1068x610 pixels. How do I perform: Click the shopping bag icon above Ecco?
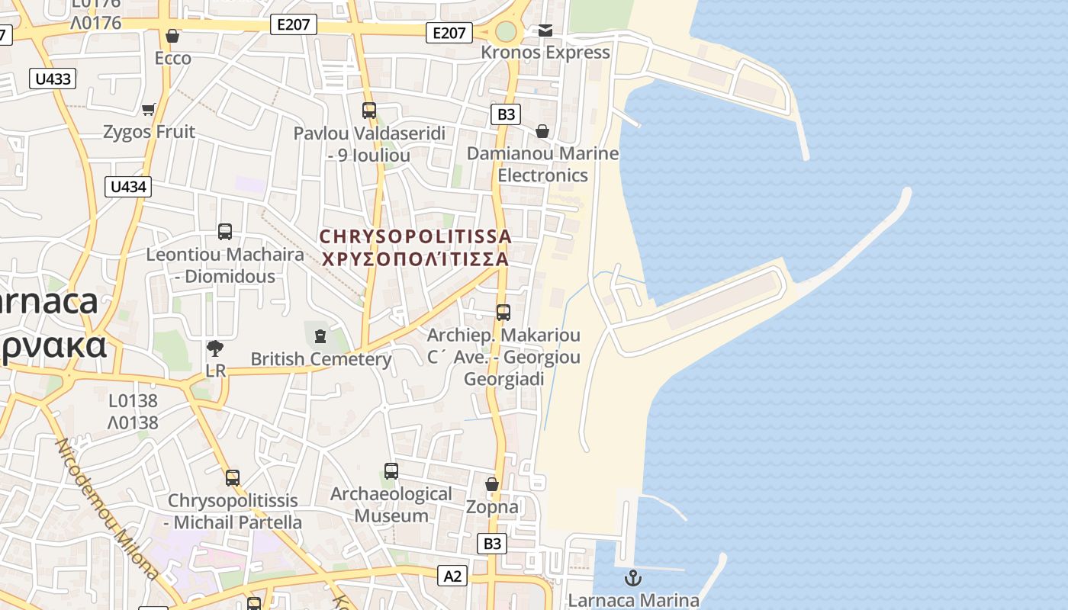click(172, 36)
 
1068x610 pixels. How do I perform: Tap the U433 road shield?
click(53, 79)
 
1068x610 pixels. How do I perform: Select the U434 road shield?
click(127, 187)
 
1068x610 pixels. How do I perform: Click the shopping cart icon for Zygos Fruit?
click(149, 110)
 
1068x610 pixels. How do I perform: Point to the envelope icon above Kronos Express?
click(545, 30)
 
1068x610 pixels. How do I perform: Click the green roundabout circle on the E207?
click(506, 32)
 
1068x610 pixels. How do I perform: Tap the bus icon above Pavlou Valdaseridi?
click(369, 111)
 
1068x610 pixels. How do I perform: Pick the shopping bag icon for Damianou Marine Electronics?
click(542, 131)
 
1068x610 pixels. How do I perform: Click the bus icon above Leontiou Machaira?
click(225, 232)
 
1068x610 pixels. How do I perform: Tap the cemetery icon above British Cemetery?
click(320, 335)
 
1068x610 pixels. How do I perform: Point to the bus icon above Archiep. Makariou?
click(503, 312)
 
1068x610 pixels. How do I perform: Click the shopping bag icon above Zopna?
click(492, 484)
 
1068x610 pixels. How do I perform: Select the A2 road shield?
click(452, 576)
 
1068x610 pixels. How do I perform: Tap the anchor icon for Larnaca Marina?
click(632, 578)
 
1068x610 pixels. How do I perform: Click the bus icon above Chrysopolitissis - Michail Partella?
click(233, 478)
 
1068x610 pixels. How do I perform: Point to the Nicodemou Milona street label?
click(107, 507)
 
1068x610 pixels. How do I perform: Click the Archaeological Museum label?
click(391, 505)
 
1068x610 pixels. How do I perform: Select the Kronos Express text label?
click(545, 53)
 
